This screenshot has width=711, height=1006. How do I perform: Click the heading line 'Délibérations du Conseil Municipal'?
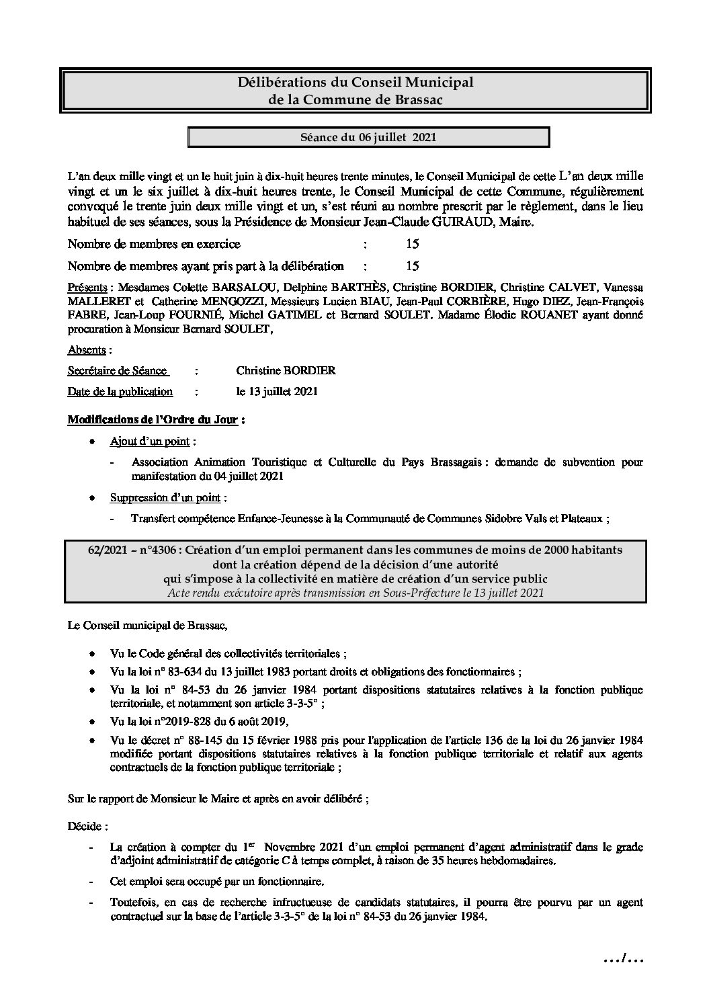coord(355,82)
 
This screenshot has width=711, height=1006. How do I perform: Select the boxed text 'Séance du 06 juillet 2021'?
coord(368,138)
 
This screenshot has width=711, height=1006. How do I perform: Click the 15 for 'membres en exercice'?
coord(413,244)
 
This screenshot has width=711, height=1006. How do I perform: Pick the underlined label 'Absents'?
coord(87,350)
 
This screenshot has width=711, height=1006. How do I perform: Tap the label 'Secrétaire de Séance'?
coord(118,371)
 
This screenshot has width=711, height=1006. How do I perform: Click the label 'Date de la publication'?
coord(120,392)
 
